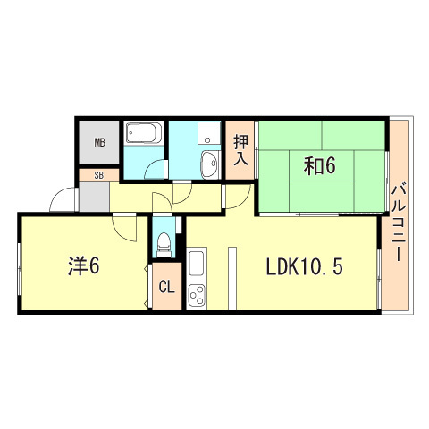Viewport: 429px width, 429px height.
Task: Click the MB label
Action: pyautogui.click(x=100, y=143)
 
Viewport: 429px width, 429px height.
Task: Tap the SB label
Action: pyautogui.click(x=99, y=175)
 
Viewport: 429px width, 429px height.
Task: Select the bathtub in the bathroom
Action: pyautogui.click(x=144, y=133)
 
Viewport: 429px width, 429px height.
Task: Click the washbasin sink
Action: pyautogui.click(x=210, y=164)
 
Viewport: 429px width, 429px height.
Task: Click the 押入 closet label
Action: pyautogui.click(x=240, y=150)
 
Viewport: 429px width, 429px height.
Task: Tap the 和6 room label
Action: pyautogui.click(x=319, y=166)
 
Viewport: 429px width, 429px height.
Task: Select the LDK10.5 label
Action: pyautogui.click(x=304, y=266)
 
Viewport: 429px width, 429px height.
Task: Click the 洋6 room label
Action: pyautogui.click(x=83, y=265)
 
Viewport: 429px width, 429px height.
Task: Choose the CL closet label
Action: pyautogui.click(x=166, y=287)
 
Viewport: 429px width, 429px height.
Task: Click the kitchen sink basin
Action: pyautogui.click(x=197, y=263)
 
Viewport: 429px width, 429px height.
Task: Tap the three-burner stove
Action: pyautogui.click(x=197, y=295)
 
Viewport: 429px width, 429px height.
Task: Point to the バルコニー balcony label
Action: pyautogui.click(x=398, y=223)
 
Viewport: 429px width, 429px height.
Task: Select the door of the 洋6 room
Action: pyautogui.click(x=124, y=227)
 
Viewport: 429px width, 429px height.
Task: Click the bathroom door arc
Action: pyautogui.click(x=154, y=169)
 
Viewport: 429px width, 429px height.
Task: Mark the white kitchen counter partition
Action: pyautogui.click(x=232, y=278)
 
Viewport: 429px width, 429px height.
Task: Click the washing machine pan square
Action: pyautogui.click(x=209, y=132)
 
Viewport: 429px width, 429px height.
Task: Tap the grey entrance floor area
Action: pyautogui.click(x=94, y=197)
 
